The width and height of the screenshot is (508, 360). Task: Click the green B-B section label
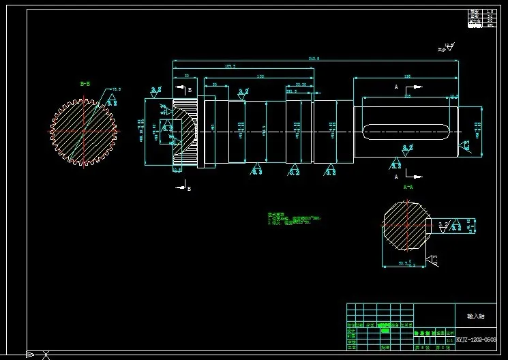click(85, 84)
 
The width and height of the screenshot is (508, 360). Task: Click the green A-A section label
click(408, 186)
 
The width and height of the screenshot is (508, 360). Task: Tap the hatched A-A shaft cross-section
click(406, 225)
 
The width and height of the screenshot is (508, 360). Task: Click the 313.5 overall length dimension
click(314, 59)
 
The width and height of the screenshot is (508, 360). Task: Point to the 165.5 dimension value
click(230, 67)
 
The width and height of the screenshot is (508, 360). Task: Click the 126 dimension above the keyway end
click(407, 76)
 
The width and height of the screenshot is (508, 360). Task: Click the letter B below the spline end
click(189, 189)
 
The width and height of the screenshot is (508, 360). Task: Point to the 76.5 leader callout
click(116, 89)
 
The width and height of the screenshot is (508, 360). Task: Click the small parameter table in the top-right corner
click(481, 18)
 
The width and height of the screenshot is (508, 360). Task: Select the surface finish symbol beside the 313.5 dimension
click(447, 48)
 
